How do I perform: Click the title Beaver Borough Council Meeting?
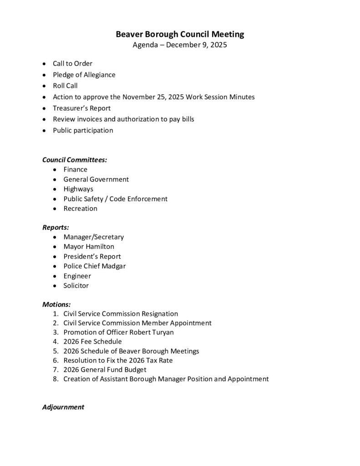pos(180,34)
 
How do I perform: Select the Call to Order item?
pos(72,64)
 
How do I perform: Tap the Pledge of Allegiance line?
pos(84,75)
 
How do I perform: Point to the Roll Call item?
pos(65,86)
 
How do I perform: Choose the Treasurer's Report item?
pos(81,108)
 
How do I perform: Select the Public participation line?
pos(83,131)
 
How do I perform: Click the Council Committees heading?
pos(75,160)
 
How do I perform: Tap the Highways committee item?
pos(78,189)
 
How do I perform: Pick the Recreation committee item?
pos(80,208)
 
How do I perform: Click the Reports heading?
pos(56,227)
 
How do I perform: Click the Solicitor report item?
pos(76,286)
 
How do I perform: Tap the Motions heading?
pos(56,304)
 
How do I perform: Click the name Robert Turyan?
pos(152,332)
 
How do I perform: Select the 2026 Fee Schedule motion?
pos(92,342)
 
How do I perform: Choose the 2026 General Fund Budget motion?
pos(105,370)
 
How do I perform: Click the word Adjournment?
pos(63,407)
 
